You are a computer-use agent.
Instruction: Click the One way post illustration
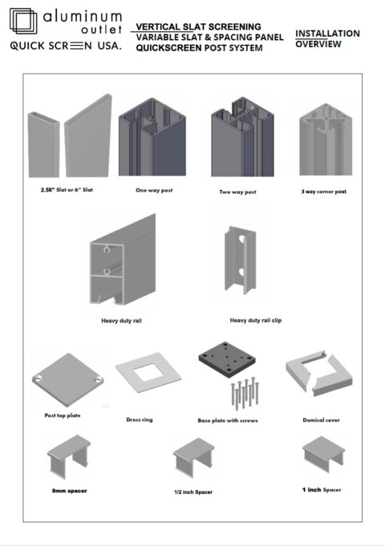[x=152, y=142]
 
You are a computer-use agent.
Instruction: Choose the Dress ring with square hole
[x=146, y=384]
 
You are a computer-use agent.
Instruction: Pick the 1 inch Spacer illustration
[x=323, y=454]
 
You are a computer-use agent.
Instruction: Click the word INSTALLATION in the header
[x=327, y=34]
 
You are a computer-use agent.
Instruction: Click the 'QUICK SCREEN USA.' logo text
[x=65, y=47]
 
